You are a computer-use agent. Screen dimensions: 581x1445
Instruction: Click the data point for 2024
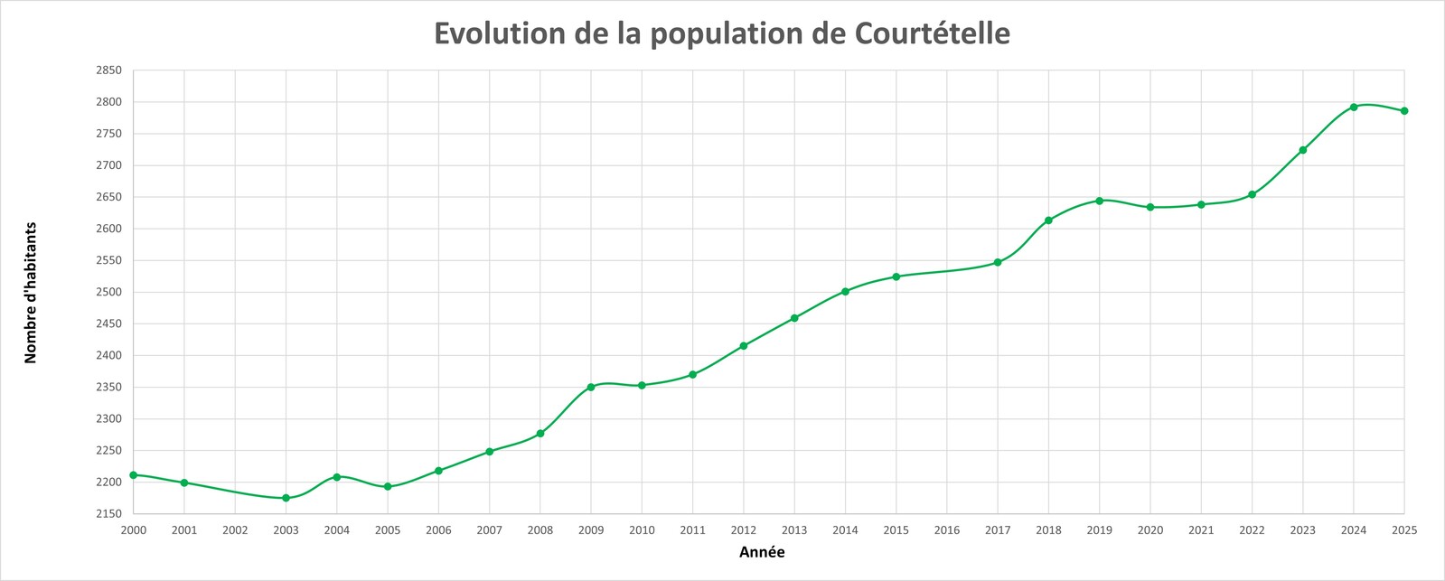pyautogui.click(x=1354, y=107)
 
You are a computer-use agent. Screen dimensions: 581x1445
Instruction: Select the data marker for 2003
pyautogui.click(x=286, y=498)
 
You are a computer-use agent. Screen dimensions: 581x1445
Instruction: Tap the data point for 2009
pyautogui.click(x=591, y=387)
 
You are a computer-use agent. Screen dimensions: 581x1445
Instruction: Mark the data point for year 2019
pyautogui.click(x=1100, y=201)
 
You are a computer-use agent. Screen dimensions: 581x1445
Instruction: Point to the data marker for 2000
pyautogui.click(x=134, y=474)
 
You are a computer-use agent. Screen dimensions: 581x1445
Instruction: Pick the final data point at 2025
pyautogui.click(x=1404, y=111)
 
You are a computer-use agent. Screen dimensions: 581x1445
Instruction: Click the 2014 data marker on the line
pyautogui.click(x=845, y=291)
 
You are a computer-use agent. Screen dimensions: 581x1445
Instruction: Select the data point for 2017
pyautogui.click(x=998, y=262)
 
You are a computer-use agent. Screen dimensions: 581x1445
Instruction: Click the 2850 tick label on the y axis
pyautogui.click(x=108, y=70)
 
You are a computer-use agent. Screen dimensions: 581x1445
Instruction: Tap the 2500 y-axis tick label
pyautogui.click(x=108, y=292)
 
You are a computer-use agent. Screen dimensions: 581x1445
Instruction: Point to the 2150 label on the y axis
pyautogui.click(x=108, y=514)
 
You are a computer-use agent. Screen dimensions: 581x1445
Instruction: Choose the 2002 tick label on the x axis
pyautogui.click(x=235, y=530)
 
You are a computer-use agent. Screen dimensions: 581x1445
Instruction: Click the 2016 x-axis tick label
pyautogui.click(x=947, y=530)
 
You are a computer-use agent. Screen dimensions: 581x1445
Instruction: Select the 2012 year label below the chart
pyautogui.click(x=744, y=530)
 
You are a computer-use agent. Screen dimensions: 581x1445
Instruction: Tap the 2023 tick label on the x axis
pyautogui.click(x=1303, y=530)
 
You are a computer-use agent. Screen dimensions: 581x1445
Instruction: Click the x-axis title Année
pyautogui.click(x=762, y=552)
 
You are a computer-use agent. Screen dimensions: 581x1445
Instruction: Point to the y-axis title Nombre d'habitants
pyautogui.click(x=31, y=292)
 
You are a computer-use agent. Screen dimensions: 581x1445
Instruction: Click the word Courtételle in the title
pyautogui.click(x=932, y=33)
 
